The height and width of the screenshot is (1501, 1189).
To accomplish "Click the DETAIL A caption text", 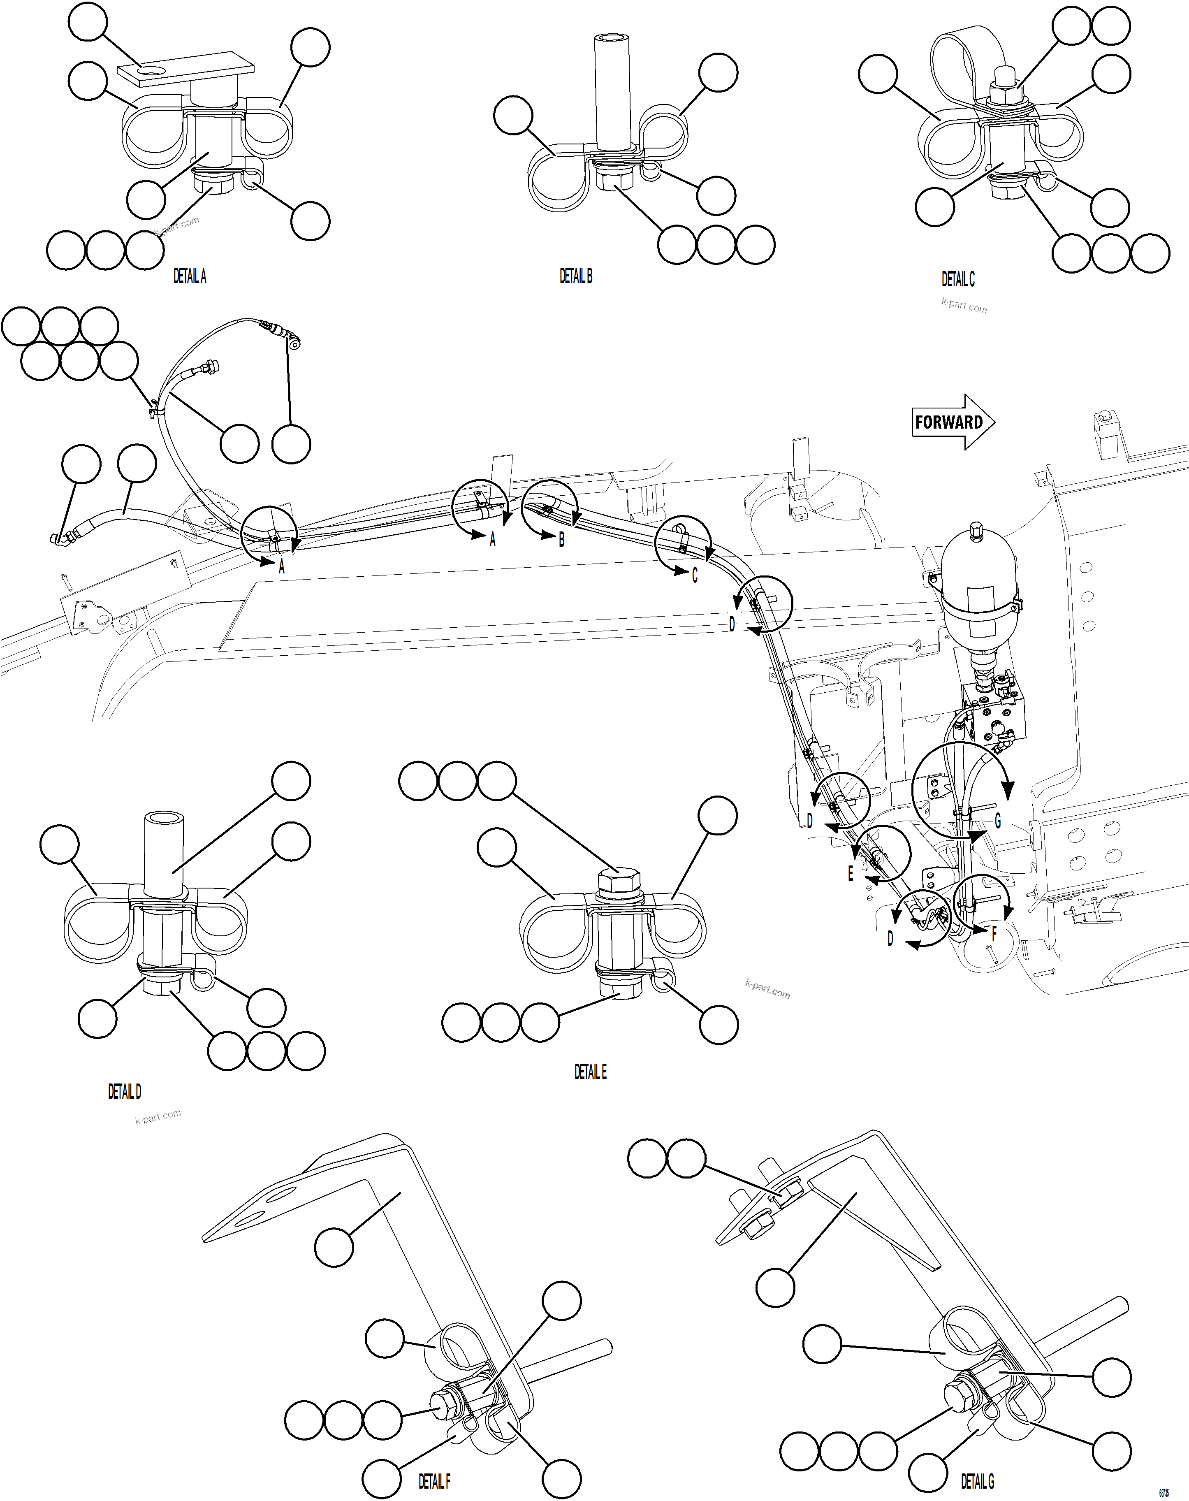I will tap(189, 276).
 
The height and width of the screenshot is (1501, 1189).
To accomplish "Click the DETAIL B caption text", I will tap(576, 276).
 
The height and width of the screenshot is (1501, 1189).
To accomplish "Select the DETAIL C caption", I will tap(958, 279).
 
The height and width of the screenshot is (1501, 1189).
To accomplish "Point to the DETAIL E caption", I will tap(590, 1072).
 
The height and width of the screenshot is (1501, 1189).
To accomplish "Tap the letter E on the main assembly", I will tap(850, 875).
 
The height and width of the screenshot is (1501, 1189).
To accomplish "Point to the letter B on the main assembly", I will tap(562, 540).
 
